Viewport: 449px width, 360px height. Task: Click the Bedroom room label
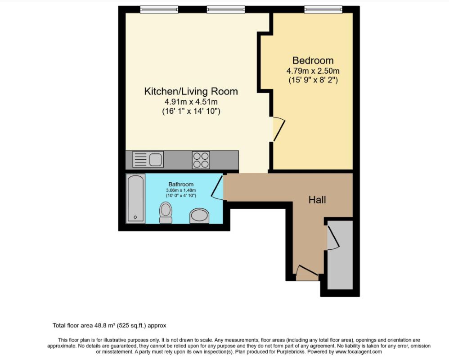pos(313,60)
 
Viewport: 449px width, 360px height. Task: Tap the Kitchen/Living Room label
pos(191,91)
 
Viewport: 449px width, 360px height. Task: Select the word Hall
pos(317,200)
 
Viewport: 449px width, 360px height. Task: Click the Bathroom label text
pos(181,184)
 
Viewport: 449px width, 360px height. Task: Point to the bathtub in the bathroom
pos(135,198)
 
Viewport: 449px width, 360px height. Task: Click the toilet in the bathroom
pos(166,213)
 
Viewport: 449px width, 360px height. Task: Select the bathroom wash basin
pos(200,216)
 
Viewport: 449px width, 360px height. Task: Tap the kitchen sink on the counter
pos(148,159)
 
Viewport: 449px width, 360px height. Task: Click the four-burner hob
pos(201,160)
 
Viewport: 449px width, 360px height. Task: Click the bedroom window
pos(323,9)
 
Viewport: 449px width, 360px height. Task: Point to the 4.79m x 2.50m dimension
pos(313,71)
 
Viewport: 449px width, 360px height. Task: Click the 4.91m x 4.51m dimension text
pos(191,102)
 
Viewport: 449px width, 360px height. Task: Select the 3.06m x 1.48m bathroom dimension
pos(181,190)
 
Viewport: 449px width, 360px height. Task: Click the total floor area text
pos(109,326)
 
